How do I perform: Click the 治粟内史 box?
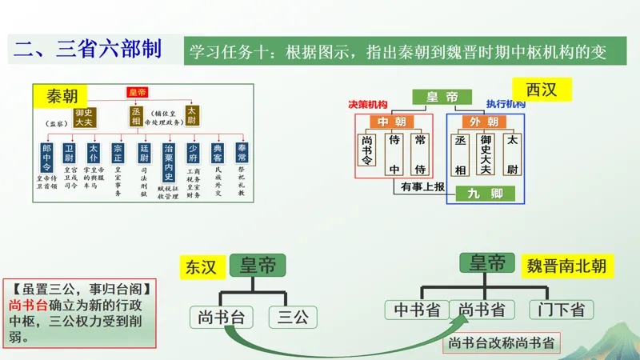pos(169,159)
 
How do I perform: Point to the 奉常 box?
pos(241,152)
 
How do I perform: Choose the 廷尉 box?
pos(144,152)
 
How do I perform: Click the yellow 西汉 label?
pos(541,89)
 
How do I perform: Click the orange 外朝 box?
pos(485,122)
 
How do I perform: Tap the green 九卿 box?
pos(486,193)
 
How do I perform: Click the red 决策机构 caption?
pos(368,105)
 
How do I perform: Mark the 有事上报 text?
pos(422,186)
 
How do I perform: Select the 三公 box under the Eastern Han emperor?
pos(292,317)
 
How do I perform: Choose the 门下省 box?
pos(561,310)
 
